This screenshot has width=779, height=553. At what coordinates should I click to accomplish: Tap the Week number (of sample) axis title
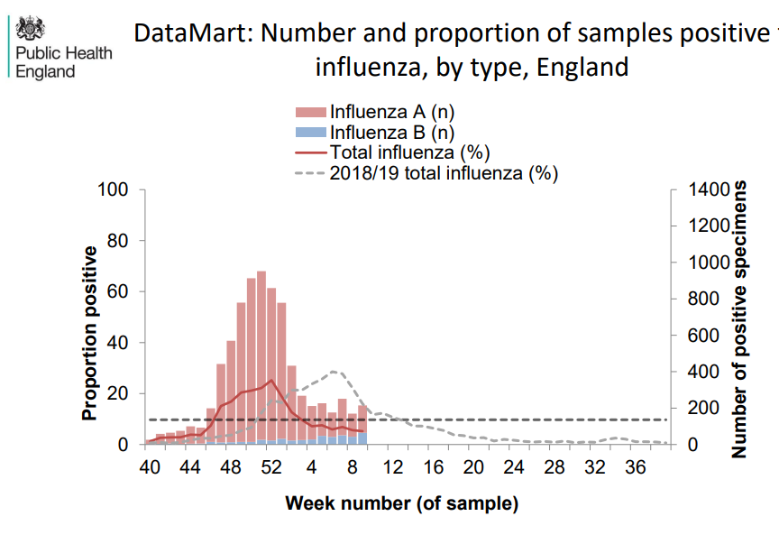point(402,502)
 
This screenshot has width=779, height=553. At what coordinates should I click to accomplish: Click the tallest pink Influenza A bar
point(261,361)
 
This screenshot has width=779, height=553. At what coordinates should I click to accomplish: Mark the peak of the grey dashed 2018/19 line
point(333,371)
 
